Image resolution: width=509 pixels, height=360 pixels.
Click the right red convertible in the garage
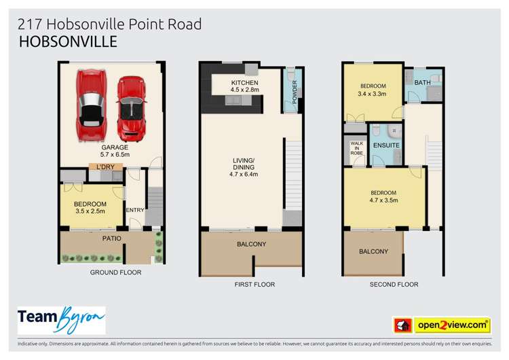tap(132, 105)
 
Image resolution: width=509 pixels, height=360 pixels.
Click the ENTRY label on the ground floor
tap(135, 210)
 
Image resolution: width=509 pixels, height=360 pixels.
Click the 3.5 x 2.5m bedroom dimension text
tap(90, 212)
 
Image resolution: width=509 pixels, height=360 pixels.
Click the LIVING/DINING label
tap(243, 164)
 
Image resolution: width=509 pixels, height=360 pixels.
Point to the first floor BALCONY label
tap(251, 245)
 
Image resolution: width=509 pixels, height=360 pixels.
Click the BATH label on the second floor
tap(422, 83)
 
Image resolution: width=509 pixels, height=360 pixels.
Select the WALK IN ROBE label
tap(356, 149)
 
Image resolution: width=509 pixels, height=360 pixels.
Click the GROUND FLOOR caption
tap(115, 272)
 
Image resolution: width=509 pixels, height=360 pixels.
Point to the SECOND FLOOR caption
tap(394, 285)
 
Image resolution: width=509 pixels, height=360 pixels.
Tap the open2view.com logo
tap(451, 325)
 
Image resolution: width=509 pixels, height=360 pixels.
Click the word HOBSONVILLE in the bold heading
tap(68, 42)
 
